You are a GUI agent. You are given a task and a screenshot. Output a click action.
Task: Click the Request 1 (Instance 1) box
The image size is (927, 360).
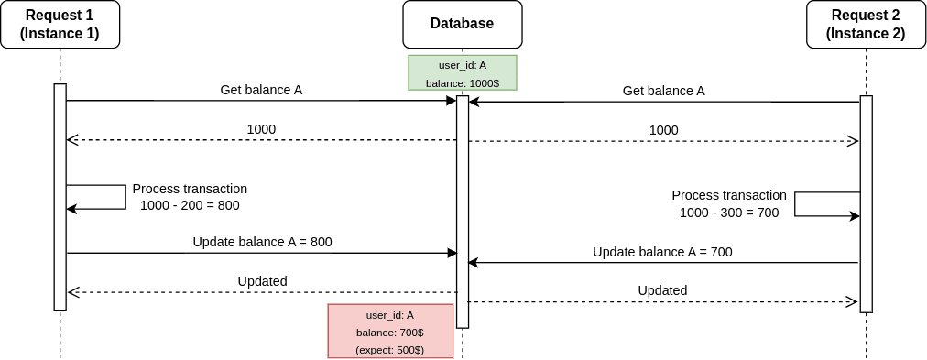tap(60, 25)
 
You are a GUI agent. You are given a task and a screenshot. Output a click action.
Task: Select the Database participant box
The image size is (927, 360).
tap(463, 25)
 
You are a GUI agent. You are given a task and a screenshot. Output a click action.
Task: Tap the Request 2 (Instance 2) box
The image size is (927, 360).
tap(866, 25)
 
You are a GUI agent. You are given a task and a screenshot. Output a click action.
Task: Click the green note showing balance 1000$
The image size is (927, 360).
tap(463, 73)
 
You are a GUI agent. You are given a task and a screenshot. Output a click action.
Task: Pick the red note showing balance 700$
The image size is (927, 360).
tap(390, 331)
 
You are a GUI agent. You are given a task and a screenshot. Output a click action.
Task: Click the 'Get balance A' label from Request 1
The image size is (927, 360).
tap(261, 90)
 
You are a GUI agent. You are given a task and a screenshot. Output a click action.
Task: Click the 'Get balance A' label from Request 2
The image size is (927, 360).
tap(663, 91)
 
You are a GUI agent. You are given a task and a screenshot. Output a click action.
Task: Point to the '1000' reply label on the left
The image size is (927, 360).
tap(261, 129)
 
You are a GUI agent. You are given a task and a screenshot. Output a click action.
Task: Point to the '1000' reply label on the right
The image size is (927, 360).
tap(663, 130)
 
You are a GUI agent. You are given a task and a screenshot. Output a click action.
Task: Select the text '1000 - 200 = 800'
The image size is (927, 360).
tap(190, 205)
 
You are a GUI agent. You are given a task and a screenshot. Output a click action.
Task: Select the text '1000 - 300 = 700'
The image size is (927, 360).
tap(728, 213)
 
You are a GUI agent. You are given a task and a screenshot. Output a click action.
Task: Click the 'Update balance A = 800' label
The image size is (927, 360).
tap(262, 242)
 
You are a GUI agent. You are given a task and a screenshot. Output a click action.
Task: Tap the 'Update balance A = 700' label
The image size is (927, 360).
tap(662, 252)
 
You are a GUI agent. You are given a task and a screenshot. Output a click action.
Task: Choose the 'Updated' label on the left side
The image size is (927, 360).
tap(262, 280)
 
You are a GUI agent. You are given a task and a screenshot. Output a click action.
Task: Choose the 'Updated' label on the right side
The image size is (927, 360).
tap(662, 290)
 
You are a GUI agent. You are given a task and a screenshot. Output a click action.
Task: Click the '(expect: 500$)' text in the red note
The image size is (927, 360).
tap(390, 349)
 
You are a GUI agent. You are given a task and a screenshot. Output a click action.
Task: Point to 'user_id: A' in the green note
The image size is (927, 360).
tap(463, 65)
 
